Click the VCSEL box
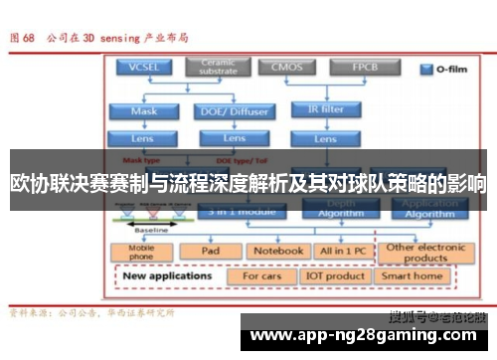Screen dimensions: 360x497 [144, 68]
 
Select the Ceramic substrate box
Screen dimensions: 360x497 [218, 68]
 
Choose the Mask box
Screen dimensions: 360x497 [144, 111]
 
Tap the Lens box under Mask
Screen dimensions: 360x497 [144, 138]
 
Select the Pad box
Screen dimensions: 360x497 [211, 252]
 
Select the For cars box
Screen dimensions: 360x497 [262, 275]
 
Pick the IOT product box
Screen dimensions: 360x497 [336, 275]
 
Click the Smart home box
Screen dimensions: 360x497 [413, 275]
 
